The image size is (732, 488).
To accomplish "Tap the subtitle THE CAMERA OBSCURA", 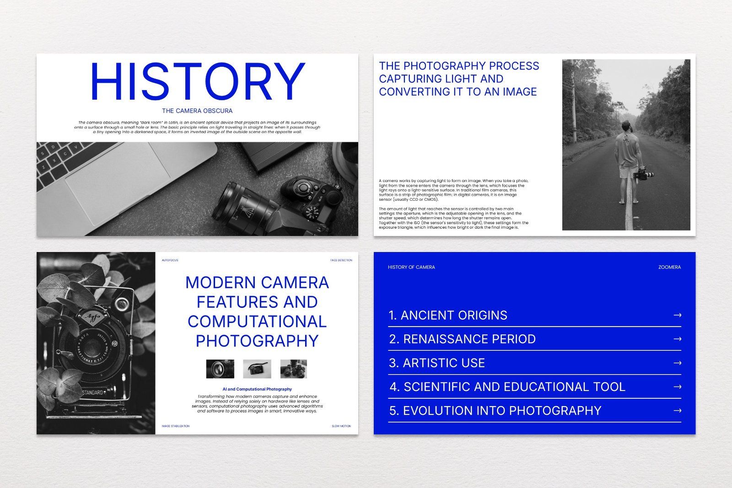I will coord(197,111).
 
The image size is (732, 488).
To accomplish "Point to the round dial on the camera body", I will coord(312,212).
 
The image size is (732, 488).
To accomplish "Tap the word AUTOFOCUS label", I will coord(170,260).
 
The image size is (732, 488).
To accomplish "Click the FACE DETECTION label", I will coord(341,260).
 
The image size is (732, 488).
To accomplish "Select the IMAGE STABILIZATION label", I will coord(175,426).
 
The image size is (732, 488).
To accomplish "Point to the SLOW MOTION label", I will coord(341,426).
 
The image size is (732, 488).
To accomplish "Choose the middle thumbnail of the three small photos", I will coord(257,369).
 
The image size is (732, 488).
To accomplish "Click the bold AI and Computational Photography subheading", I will coord(257,389).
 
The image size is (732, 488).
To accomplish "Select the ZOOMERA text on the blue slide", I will coord(669,267).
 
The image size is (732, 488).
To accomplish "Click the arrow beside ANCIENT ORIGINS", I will coord(678,315).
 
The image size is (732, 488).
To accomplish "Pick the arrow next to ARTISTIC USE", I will coord(678,363).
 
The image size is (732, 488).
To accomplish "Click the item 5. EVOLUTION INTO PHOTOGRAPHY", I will coord(495,411).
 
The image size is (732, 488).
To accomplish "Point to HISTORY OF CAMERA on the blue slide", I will coord(411,267).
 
